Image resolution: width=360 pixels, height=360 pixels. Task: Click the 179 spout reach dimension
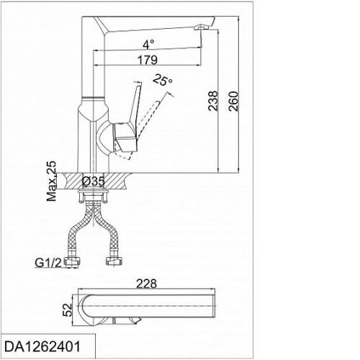[x=148, y=60]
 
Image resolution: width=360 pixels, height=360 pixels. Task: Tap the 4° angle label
[x=148, y=45]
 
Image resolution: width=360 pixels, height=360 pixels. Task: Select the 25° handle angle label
[x=163, y=80]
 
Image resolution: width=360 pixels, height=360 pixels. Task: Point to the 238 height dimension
[x=213, y=101]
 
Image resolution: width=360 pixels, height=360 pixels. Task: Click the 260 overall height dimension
[x=233, y=101]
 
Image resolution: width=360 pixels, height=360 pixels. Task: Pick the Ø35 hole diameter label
[x=94, y=181]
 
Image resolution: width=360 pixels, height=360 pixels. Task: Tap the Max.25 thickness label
[x=52, y=181]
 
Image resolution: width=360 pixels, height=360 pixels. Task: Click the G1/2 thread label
[x=48, y=263]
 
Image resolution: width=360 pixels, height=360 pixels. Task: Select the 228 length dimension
[x=146, y=284]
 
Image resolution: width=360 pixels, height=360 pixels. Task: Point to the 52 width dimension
[x=68, y=310]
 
